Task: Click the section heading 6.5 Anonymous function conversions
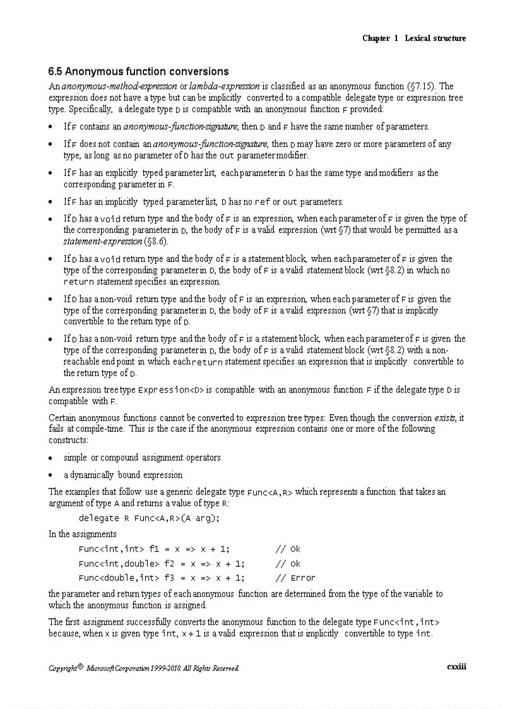pos(138,71)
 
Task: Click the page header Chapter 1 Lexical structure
pos(414,39)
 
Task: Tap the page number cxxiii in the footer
pos(456,667)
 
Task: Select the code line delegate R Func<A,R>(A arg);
pos(149,518)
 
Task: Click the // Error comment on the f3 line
pos(295,578)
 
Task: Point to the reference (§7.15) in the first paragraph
pos(421,86)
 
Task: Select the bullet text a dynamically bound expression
pos(123,475)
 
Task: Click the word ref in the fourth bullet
pos(262,202)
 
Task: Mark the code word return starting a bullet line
pos(79,282)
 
